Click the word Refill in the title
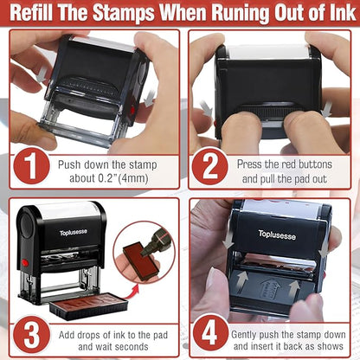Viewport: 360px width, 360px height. tap(37, 14)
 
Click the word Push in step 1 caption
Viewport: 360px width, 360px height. tap(72, 163)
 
